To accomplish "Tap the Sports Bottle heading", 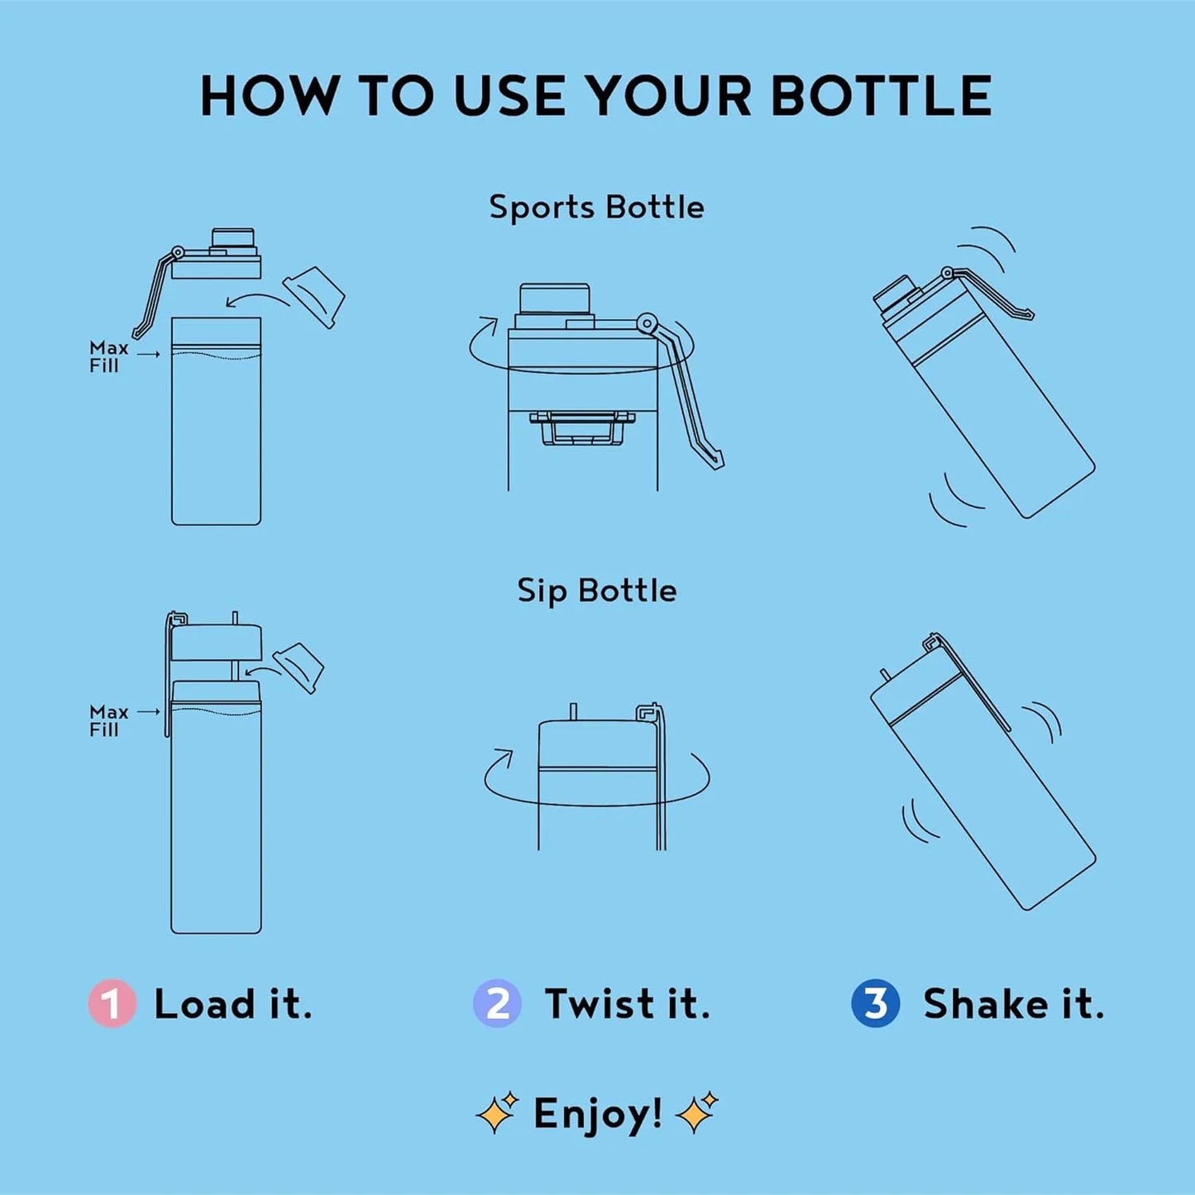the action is pyautogui.click(x=596, y=207).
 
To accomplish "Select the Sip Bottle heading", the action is pyautogui.click(x=596, y=590).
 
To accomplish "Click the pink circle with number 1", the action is pyautogui.click(x=112, y=1004).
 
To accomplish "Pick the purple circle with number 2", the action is pyautogui.click(x=497, y=1004).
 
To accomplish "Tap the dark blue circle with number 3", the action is pyautogui.click(x=876, y=1004).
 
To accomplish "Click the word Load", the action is pyautogui.click(x=204, y=1004).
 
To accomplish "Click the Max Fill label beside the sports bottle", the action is pyautogui.click(x=108, y=357).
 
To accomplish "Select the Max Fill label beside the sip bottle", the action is pyautogui.click(x=108, y=721).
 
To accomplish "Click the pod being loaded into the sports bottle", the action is pyautogui.click(x=313, y=298).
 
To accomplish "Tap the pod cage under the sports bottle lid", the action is pyautogui.click(x=584, y=427).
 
